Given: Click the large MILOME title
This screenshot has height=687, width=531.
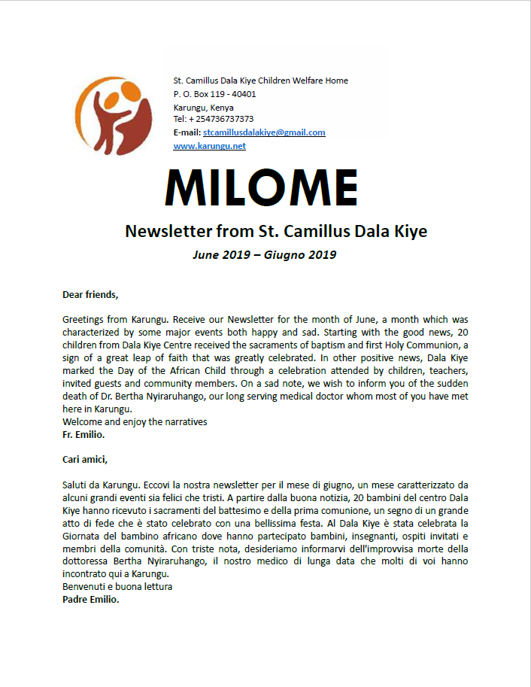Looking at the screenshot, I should tap(262, 187).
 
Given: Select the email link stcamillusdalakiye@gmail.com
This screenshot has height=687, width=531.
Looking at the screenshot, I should tap(264, 132).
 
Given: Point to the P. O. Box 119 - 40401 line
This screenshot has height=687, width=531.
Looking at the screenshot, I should tap(214, 94).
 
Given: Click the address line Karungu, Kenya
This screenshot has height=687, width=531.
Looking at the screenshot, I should tap(203, 107).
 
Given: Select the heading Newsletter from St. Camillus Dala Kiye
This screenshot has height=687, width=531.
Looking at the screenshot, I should tap(275, 232).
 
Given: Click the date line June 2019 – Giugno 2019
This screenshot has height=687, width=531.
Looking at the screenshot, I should tap(264, 254).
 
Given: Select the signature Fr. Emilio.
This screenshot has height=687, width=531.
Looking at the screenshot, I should tap(83, 434).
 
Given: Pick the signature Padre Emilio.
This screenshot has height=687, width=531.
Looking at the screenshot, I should tap(90, 600).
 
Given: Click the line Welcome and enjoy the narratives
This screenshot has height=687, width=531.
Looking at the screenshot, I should tap(135, 422).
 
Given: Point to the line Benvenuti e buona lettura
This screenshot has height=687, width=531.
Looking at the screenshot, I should tap(117, 586).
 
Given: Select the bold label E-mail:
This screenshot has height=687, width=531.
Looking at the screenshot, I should tap(187, 132).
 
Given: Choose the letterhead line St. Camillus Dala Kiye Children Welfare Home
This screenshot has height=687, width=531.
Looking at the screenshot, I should tap(260, 81).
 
